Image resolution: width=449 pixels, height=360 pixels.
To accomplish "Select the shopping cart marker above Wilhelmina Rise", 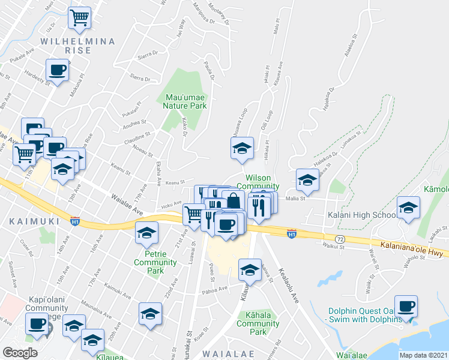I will click(x=79, y=19).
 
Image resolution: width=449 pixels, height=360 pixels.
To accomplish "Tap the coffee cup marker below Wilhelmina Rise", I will click(x=58, y=70).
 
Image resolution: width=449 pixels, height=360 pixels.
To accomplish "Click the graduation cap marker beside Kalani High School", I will click(x=408, y=208).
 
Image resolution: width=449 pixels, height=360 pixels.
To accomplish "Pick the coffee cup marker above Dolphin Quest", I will click(x=406, y=306).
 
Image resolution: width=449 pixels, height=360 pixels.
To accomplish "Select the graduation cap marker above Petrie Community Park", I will click(x=146, y=233).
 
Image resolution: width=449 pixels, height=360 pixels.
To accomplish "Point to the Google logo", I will click(x=20, y=353).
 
